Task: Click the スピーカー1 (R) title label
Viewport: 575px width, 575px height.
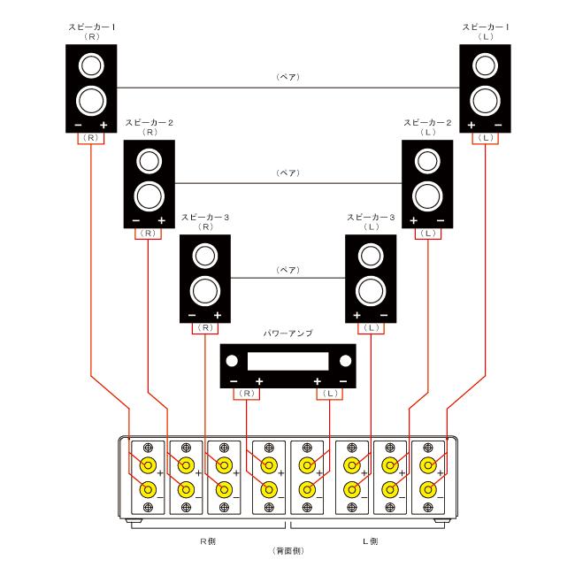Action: (92, 32)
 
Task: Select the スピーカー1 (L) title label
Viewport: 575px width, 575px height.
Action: (486, 32)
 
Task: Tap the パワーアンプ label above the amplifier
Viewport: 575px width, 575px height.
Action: (287, 333)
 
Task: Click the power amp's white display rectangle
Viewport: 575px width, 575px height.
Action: (287, 362)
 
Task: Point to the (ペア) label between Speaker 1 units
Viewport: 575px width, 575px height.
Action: (287, 77)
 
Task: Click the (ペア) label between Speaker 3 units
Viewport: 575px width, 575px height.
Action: (287, 270)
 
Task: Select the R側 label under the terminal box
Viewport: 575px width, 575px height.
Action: (208, 541)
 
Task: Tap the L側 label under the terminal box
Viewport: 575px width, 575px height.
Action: (370, 541)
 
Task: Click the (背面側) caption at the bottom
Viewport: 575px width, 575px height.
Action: (288, 551)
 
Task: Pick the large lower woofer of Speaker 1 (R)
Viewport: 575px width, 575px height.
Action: (91, 101)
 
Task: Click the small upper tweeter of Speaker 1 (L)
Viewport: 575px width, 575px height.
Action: (485, 65)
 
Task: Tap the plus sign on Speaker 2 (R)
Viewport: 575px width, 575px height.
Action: (161, 221)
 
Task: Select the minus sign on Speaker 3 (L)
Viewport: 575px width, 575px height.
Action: (384, 316)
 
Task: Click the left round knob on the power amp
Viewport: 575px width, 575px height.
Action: (232, 361)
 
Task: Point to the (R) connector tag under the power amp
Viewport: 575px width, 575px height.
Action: (247, 394)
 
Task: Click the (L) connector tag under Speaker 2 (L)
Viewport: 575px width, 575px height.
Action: (428, 234)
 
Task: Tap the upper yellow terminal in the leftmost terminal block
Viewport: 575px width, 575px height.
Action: (148, 465)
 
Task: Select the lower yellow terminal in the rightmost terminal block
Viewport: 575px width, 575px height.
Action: (428, 489)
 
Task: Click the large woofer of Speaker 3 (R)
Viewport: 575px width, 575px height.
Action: (205, 291)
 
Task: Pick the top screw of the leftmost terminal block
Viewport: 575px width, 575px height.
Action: (148, 448)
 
